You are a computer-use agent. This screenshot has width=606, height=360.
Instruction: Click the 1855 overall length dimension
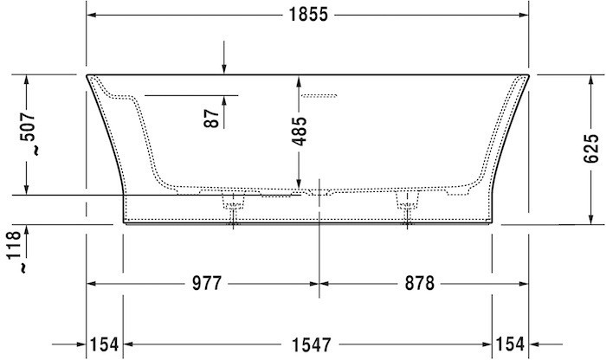(x=308, y=16)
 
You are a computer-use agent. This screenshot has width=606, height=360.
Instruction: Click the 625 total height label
(x=590, y=150)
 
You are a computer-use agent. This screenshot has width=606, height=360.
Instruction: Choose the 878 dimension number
(x=416, y=284)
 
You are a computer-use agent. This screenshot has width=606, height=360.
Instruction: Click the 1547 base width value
(x=308, y=344)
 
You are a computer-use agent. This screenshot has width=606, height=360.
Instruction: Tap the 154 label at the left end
(x=104, y=344)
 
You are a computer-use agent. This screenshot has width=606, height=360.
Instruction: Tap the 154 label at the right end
(x=511, y=344)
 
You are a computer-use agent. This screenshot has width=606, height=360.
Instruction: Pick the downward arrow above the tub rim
(x=223, y=68)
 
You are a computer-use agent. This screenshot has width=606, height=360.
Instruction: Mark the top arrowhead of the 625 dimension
(x=590, y=80)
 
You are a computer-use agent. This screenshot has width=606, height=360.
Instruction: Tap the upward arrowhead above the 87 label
(x=223, y=99)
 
